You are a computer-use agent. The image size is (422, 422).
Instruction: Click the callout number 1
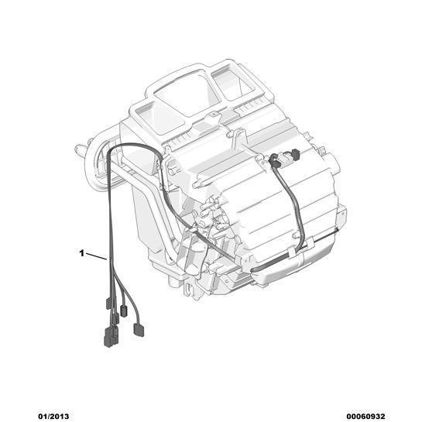coord(81,253)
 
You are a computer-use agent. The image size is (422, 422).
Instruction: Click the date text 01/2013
coord(53,417)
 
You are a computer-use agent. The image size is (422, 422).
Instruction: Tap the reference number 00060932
coord(365,417)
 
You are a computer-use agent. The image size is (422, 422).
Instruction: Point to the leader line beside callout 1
coord(96,256)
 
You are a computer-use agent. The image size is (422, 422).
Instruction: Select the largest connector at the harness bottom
coord(111,336)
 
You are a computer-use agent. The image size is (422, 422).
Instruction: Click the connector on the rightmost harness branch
coord(139,330)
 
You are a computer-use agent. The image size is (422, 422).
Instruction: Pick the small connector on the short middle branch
coord(123,310)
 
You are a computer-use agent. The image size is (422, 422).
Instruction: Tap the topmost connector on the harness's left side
coord(108,304)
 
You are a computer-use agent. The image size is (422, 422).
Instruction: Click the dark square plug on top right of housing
coord(295,154)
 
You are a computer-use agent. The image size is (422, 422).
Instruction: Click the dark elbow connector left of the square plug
coord(275,160)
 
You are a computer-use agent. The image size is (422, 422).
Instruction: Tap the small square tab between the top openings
coord(214,115)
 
